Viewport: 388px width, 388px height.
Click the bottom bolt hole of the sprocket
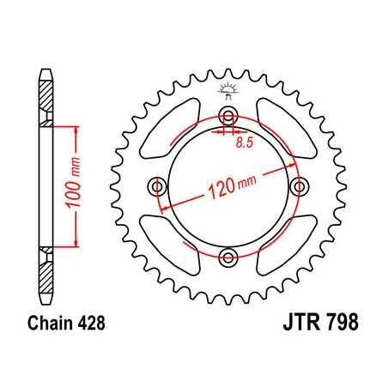click(x=227, y=256)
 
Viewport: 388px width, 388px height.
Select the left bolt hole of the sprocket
click(x=158, y=186)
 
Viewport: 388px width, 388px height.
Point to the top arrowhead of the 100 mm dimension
click(x=77, y=130)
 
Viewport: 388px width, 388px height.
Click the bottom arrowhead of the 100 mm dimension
click(x=77, y=244)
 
